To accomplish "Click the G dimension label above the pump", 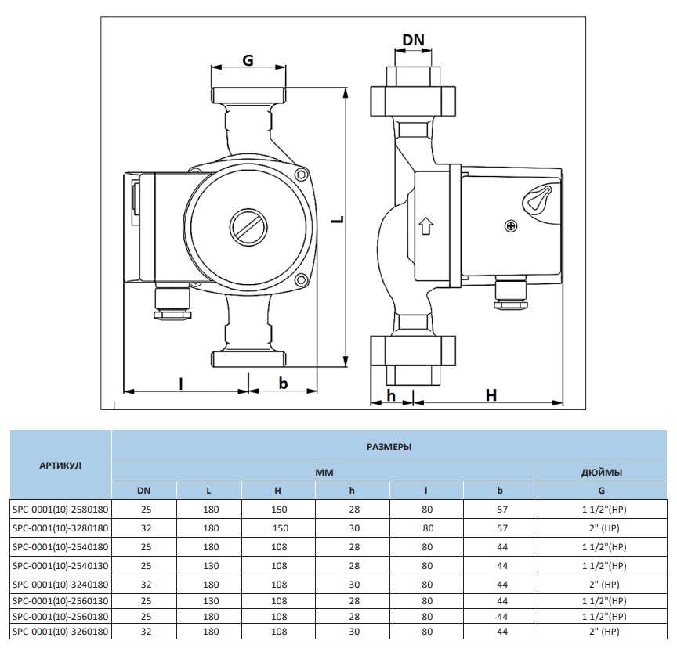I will [x=248, y=60].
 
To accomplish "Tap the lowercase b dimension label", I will [x=284, y=383].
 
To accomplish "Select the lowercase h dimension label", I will [x=390, y=395].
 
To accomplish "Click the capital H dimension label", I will [x=491, y=395].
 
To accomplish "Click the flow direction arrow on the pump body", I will [x=426, y=226].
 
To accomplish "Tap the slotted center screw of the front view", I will [x=249, y=229].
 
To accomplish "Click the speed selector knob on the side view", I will [x=538, y=200].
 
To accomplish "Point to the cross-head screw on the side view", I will [x=512, y=227].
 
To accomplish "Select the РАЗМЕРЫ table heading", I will [x=389, y=446].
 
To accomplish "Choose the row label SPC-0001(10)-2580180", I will [x=60, y=509].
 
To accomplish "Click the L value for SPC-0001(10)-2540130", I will [x=209, y=564].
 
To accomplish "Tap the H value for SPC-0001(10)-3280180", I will [x=281, y=528].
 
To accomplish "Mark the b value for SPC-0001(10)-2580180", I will [x=501, y=509].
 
